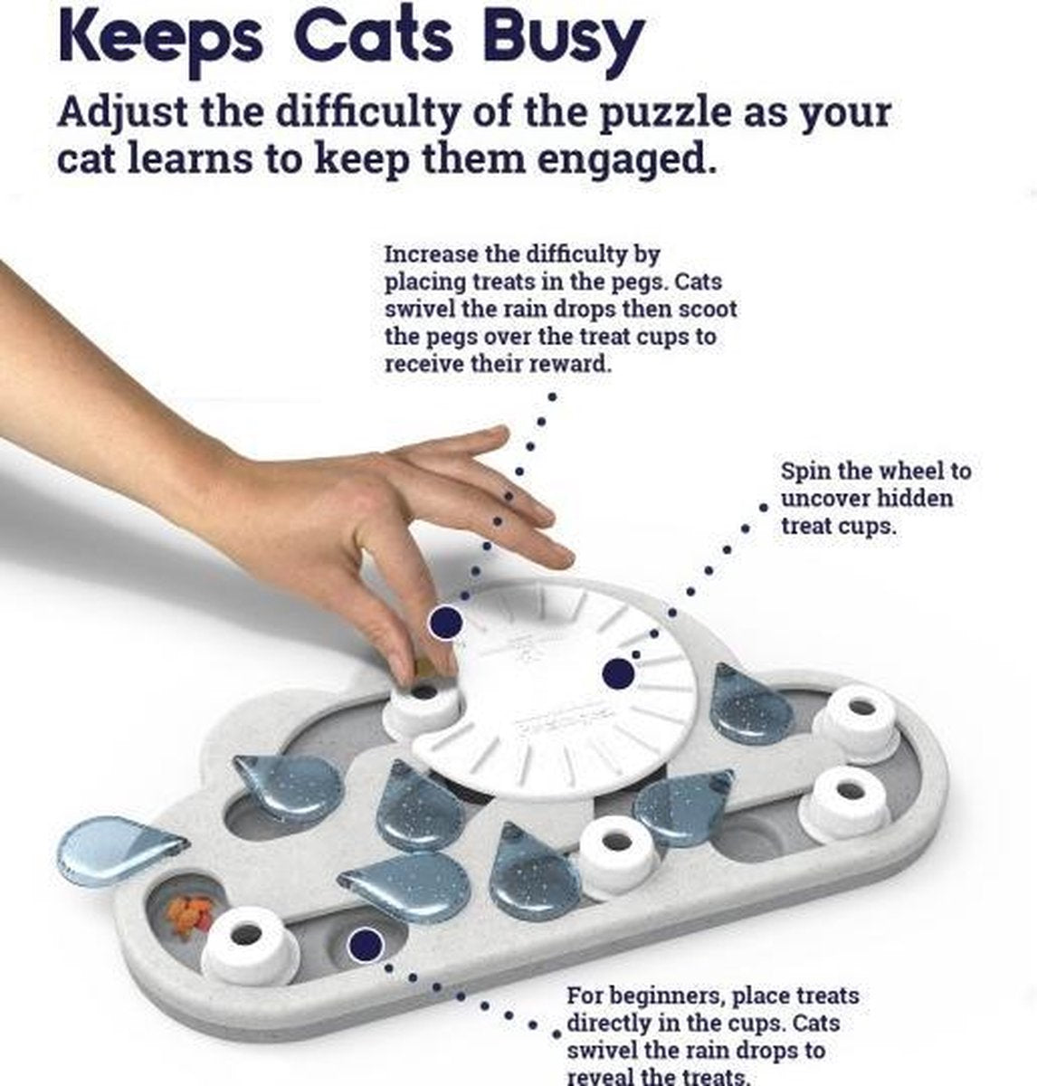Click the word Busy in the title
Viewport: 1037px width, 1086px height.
click(564, 39)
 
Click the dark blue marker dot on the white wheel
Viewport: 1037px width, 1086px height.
click(618, 673)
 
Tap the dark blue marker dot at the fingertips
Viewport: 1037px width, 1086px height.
click(445, 622)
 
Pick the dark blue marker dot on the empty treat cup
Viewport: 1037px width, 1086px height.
click(365, 945)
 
